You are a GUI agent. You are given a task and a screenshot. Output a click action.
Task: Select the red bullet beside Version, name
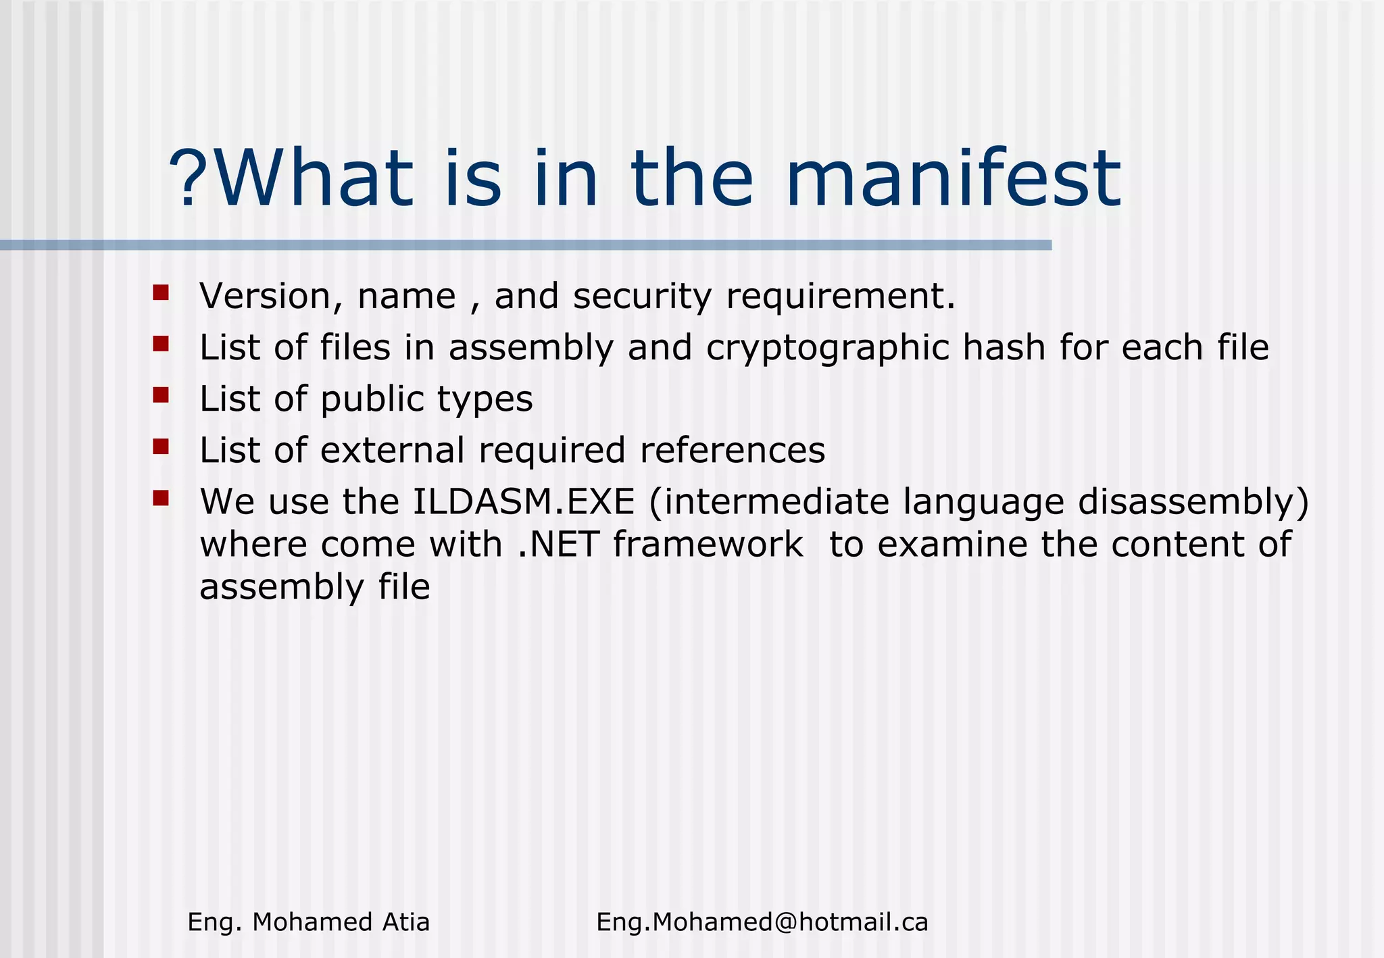point(161,293)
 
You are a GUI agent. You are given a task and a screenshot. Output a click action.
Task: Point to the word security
point(642,297)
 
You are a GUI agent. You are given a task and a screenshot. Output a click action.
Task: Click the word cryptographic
point(826,348)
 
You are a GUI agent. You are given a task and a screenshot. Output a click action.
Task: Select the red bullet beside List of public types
point(161,395)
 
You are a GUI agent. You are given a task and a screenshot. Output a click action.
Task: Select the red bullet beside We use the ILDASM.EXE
point(161,498)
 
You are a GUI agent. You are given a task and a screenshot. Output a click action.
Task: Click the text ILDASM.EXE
point(524,502)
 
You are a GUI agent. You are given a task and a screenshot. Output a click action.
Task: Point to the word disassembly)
point(1193,502)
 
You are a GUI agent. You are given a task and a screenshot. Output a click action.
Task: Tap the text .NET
point(558,545)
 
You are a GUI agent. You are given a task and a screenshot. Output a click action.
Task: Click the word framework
point(708,545)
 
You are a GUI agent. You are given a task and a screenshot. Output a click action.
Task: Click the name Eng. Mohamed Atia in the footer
point(308,922)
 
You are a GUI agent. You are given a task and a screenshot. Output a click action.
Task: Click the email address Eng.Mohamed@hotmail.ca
point(762,922)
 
